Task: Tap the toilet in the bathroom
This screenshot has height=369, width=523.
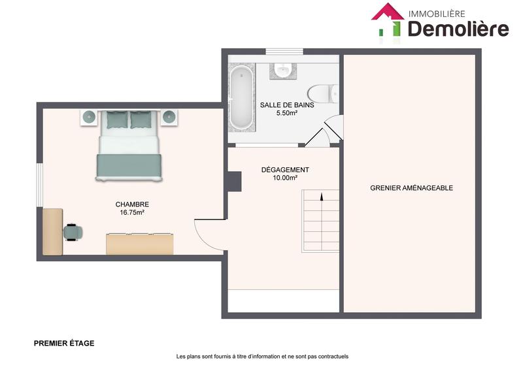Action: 322,93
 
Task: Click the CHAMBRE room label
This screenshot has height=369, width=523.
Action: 132,204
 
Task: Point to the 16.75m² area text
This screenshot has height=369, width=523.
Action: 132,212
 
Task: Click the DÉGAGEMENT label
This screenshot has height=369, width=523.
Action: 284,170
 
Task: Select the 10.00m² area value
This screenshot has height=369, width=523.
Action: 284,178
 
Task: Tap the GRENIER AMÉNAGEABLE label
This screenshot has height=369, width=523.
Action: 411,188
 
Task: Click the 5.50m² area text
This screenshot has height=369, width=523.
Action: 287,113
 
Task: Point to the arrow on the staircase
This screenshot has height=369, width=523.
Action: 321,196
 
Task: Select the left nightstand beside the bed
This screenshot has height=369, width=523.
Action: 89,118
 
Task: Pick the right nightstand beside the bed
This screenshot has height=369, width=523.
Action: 169,118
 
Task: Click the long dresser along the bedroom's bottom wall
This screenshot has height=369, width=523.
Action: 141,244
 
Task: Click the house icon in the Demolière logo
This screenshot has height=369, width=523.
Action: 388,20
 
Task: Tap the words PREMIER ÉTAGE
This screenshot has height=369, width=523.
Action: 64,343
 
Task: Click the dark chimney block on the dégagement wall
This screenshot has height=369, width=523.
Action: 233,181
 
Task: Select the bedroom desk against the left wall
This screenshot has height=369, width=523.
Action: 53,231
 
